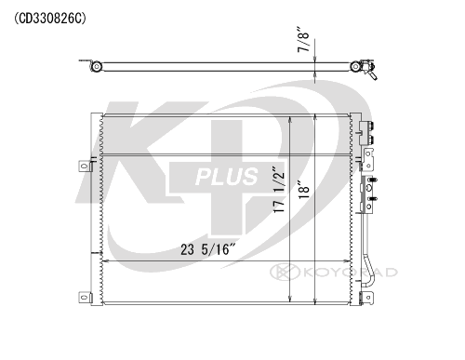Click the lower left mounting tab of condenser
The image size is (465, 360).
(85, 300)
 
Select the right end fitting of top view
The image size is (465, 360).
(365, 69)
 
